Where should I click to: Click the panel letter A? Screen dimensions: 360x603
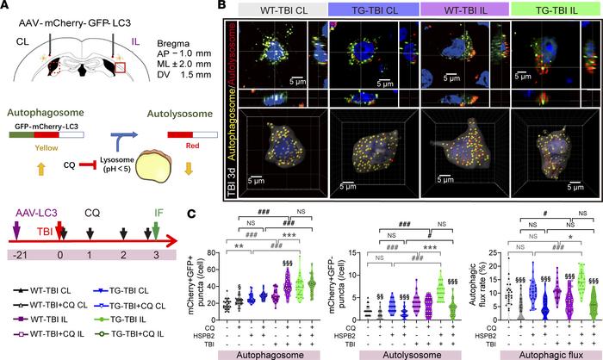[x=8, y=9]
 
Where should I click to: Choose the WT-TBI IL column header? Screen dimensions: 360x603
[x=463, y=10]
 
